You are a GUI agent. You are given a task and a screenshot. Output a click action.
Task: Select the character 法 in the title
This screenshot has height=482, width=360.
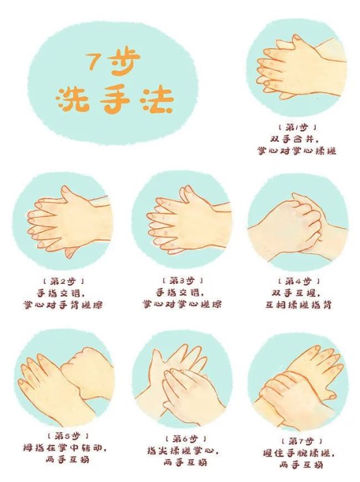pos(156,99)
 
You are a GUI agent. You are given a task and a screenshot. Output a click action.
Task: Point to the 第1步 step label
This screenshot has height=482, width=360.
pos(297,127)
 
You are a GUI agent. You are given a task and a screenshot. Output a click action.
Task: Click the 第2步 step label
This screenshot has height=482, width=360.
pos(63,281)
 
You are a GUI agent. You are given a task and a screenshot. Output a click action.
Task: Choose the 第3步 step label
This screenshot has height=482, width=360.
pos(182,280)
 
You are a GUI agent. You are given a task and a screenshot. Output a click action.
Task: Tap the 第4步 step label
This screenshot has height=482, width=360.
pos(299,281)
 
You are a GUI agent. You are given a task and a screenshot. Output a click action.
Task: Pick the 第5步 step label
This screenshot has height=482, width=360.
pos(68,436)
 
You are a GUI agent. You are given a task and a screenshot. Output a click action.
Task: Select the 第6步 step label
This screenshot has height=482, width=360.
pos(186,438)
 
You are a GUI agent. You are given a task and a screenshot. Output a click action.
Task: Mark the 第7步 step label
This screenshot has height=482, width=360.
pos(301,441)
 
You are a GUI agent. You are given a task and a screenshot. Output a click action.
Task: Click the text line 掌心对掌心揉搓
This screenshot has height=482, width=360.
pos(297,150)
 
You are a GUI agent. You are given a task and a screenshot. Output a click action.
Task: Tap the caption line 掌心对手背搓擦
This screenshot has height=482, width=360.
pos(62,305)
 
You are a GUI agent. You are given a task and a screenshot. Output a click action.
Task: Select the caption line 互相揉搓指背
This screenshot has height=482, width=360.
pos(299,305)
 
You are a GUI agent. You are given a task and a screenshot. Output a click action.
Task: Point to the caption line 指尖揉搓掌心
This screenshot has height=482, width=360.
pos(184,451)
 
